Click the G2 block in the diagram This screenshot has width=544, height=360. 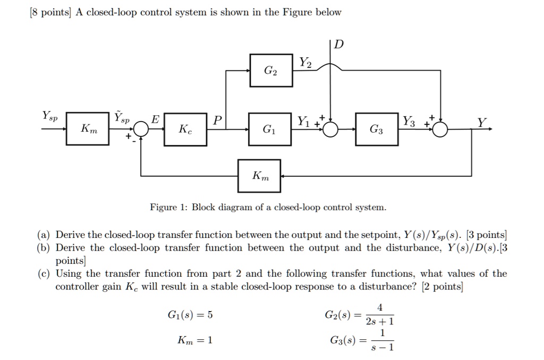(x=271, y=70)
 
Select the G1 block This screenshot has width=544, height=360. (x=271, y=128)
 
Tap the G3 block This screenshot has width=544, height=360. (x=377, y=128)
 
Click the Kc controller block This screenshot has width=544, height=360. (x=185, y=128)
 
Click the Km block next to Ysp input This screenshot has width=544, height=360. (x=88, y=128)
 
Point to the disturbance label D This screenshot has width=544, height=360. (x=339, y=44)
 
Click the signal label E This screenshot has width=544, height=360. (x=156, y=121)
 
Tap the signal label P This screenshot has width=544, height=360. (x=216, y=121)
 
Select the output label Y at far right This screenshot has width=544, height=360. (x=480, y=123)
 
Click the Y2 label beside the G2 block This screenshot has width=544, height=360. (x=305, y=63)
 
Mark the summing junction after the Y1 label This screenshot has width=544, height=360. (x=330, y=129)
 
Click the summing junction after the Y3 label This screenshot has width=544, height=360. (x=440, y=129)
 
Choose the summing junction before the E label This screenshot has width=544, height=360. (x=141, y=129)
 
